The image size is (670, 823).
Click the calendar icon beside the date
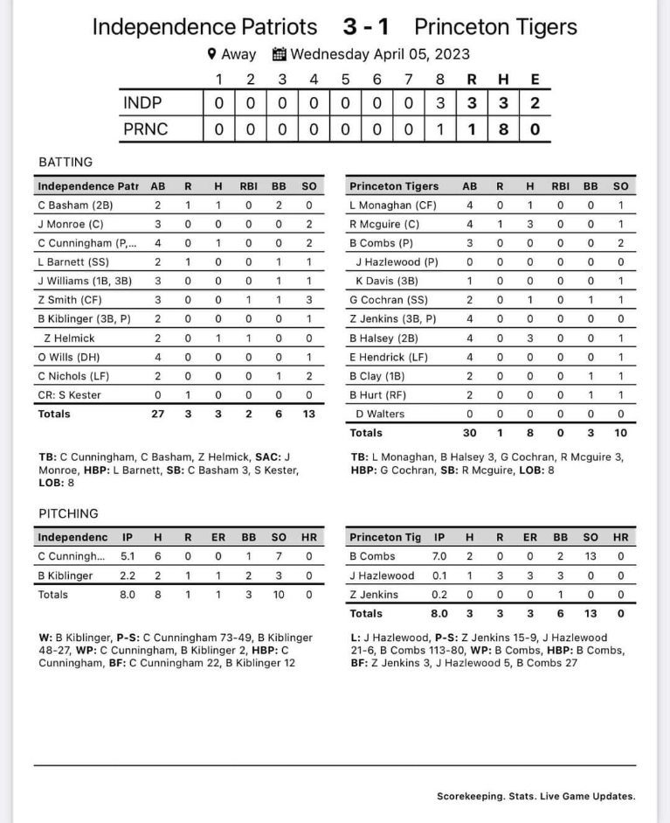[280, 54]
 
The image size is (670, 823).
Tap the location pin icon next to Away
[211, 54]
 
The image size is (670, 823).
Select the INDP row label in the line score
[142, 103]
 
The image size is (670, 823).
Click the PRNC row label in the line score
[145, 129]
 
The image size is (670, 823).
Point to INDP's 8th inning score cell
[440, 103]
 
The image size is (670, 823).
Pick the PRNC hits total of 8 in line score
[503, 129]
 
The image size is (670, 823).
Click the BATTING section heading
[66, 162]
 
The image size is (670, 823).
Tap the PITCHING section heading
[68, 513]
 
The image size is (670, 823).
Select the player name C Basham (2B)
[75, 206]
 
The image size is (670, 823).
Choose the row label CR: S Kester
[69, 394]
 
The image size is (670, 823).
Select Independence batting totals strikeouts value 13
[308, 414]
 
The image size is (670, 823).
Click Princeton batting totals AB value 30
[469, 433]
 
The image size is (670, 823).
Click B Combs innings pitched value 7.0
[439, 556]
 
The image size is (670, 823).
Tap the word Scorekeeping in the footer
[470, 797]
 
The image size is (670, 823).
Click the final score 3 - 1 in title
[366, 27]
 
